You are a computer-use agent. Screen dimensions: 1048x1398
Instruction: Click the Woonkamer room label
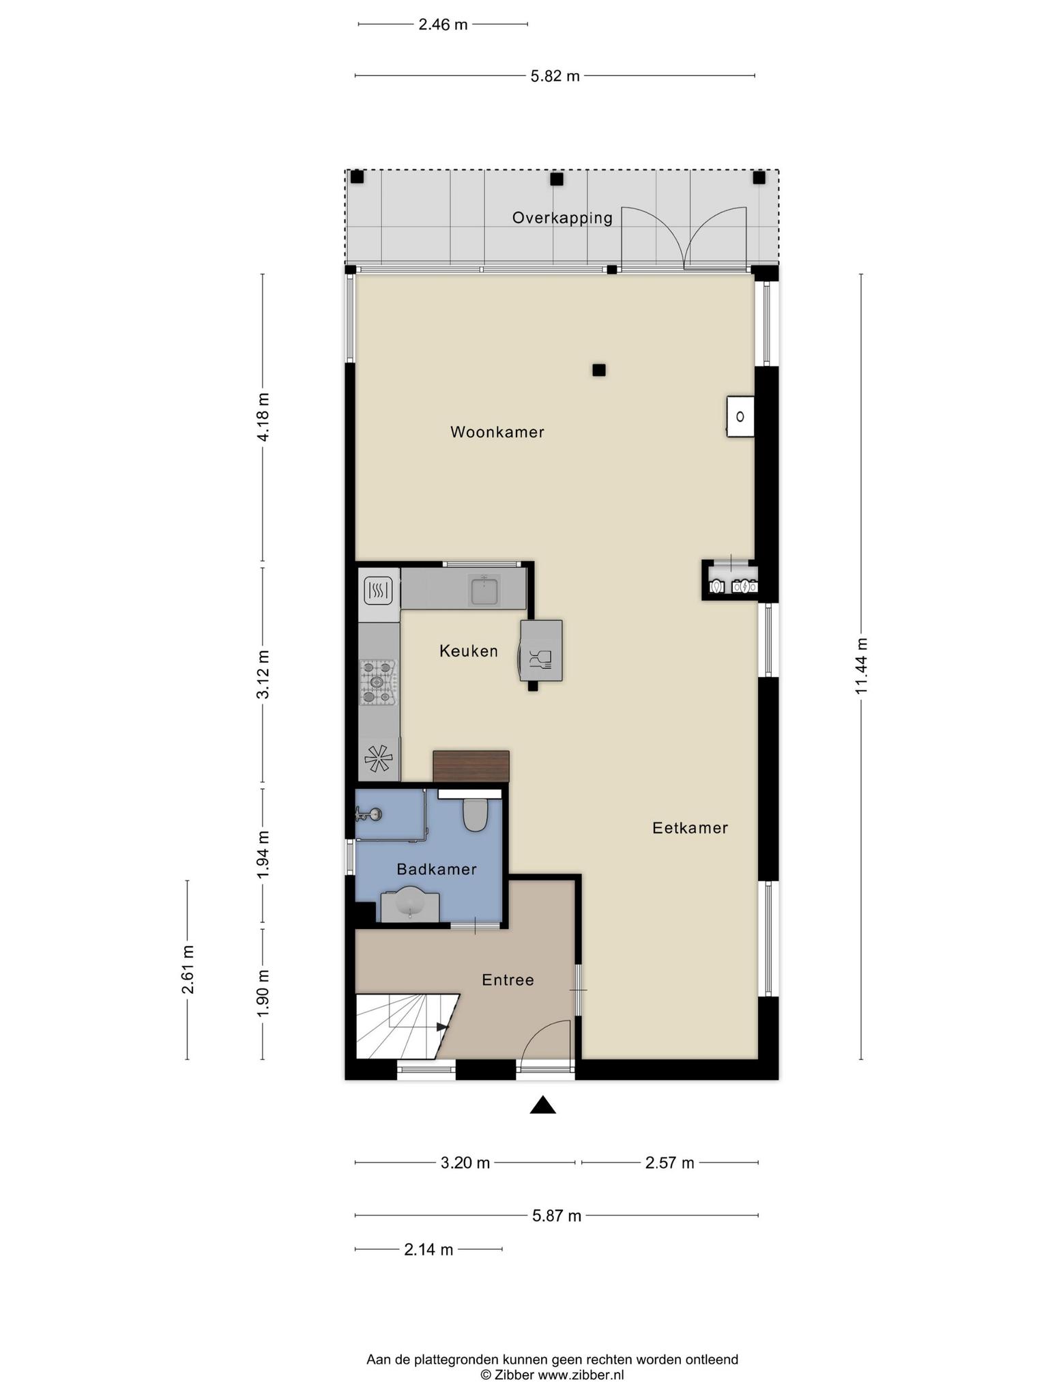pos(497,432)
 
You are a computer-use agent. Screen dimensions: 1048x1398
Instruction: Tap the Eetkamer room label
pos(690,828)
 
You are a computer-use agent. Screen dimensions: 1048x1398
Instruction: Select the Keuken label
pos(469,651)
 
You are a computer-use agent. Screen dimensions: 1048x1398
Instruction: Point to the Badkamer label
pos(437,869)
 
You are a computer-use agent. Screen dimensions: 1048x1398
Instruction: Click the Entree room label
pos(508,980)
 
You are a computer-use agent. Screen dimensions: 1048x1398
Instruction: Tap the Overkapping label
pos(563,218)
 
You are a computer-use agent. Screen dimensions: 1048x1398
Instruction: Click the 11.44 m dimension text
pos(862,666)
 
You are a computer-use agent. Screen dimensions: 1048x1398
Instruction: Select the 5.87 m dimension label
pos(557,1216)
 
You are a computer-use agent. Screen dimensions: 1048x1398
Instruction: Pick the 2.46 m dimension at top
pos(443,25)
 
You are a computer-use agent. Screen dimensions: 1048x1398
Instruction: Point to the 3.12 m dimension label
pos(263,674)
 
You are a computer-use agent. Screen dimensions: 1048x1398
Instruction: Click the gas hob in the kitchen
pos(379,681)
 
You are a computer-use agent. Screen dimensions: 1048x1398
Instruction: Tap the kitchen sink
pos(484,590)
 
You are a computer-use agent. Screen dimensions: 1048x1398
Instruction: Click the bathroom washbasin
pos(410,905)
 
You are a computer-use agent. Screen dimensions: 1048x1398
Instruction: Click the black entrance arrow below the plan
pos(543,1104)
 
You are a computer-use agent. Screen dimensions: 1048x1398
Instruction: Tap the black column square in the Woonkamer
pos(599,370)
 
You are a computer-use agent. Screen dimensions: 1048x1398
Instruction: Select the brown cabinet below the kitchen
pos(471,766)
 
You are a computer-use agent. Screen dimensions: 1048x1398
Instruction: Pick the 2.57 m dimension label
pos(670,1162)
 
